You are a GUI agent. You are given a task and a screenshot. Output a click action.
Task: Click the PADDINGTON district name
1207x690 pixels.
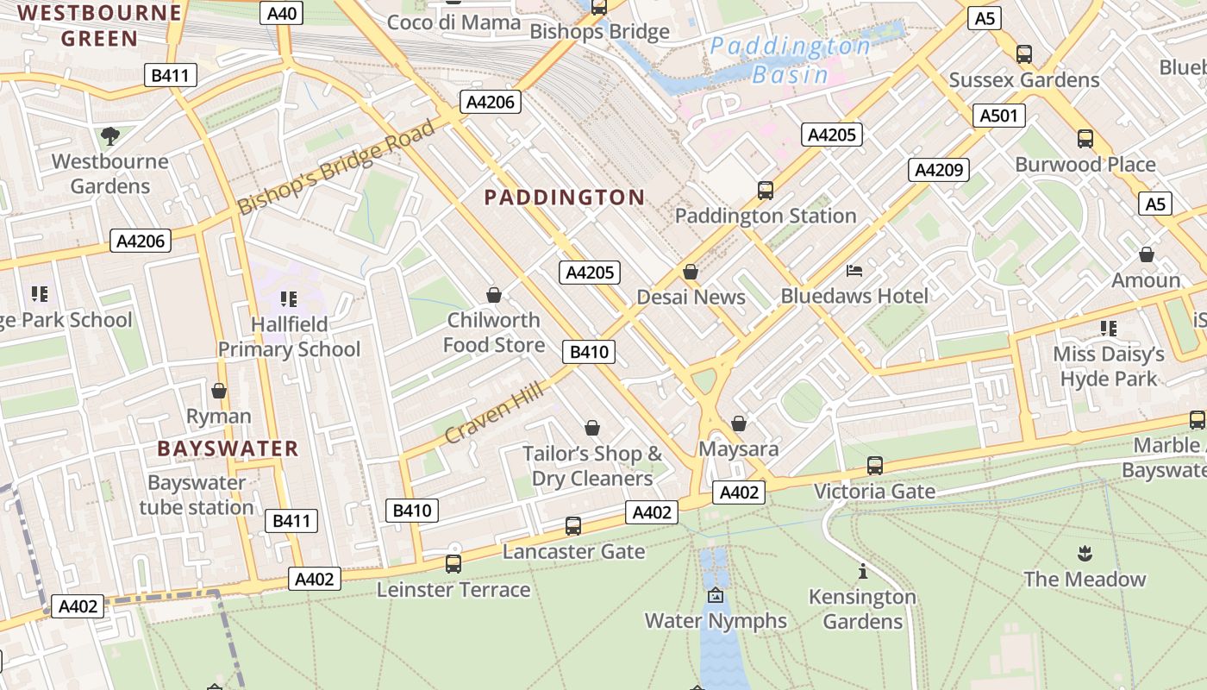[x=564, y=198]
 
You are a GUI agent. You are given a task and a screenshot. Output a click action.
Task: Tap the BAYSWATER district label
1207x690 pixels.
[x=228, y=448]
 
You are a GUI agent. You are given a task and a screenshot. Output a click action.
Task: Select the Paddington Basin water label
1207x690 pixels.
[x=790, y=60]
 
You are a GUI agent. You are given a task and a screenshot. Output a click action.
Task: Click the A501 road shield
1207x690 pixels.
[x=998, y=116]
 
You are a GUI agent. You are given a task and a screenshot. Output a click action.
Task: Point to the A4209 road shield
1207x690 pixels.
[x=938, y=170]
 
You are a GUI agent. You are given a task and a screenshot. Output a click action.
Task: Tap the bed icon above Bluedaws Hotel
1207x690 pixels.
[x=854, y=271]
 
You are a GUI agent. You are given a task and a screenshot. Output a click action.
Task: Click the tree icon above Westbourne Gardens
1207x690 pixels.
[x=109, y=135]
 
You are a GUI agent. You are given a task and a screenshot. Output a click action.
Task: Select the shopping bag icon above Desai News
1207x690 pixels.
[x=690, y=272]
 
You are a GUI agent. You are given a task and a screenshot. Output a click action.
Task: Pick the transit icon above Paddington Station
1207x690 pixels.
[x=765, y=191]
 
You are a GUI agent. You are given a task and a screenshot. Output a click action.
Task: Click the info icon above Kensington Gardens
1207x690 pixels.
[x=862, y=571]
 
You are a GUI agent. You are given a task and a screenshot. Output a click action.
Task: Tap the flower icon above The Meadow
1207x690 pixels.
[x=1085, y=553]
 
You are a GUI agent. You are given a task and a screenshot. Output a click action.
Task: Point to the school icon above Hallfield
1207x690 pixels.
[x=289, y=299]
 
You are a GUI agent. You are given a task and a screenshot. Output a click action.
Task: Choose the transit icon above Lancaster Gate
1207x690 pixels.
[x=572, y=526]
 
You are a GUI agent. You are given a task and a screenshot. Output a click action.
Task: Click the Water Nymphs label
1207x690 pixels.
[x=716, y=621]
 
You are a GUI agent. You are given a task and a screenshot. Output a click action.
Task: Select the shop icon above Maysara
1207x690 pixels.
[x=738, y=423]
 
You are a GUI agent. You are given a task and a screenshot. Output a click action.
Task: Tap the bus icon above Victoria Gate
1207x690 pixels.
[x=874, y=466]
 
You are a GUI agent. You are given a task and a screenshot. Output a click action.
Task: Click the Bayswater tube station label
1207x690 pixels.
[x=197, y=495]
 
